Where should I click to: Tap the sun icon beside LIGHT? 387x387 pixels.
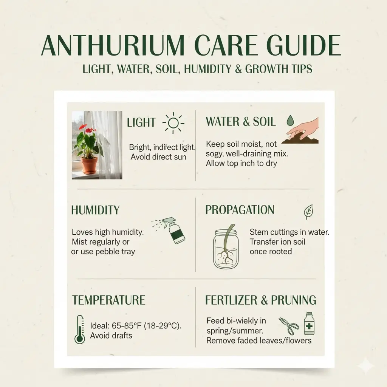pyautogui.click(x=173, y=122)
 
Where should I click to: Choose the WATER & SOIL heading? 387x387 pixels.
pyautogui.click(x=240, y=122)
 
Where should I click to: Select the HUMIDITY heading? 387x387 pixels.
pyautogui.click(x=95, y=210)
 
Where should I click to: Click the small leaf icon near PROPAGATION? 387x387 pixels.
pyautogui.click(x=308, y=212)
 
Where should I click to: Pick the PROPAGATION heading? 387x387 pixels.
pyautogui.click(x=240, y=210)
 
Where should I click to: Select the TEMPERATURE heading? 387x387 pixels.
pyautogui.click(x=109, y=300)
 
